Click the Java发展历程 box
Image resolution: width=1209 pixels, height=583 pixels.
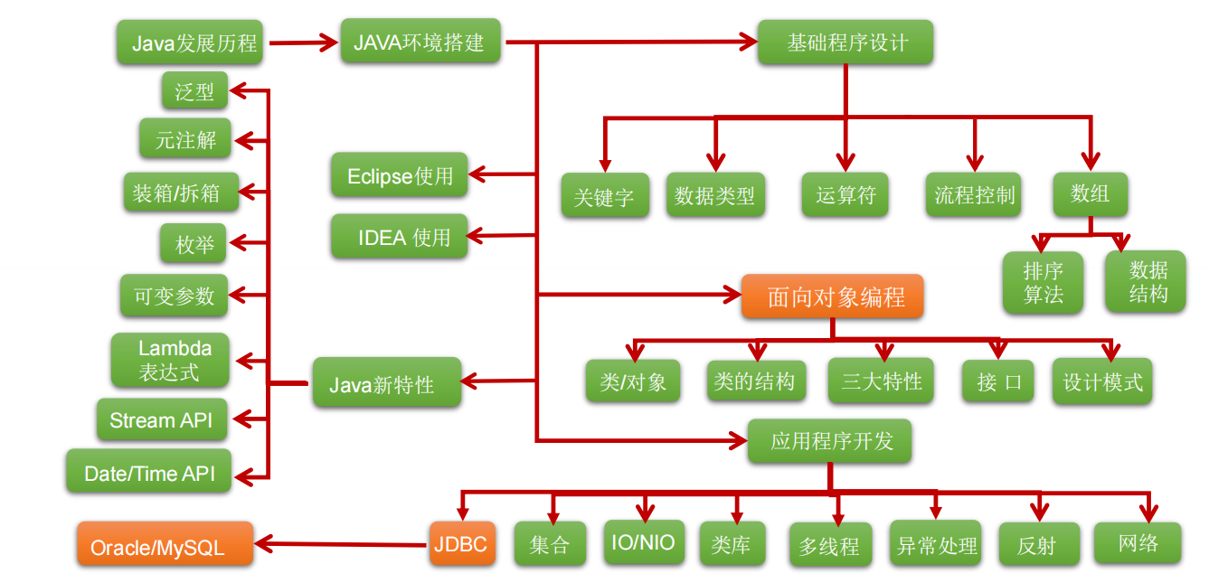(190, 42)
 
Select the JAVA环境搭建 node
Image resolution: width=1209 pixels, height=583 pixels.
(420, 42)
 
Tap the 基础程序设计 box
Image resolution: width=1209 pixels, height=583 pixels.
(845, 42)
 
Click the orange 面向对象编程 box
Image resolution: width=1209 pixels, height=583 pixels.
(832, 297)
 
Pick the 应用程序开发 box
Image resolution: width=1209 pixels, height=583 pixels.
(829, 441)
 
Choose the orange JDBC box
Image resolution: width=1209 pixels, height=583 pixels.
(462, 544)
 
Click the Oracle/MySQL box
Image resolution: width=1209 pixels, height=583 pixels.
(164, 544)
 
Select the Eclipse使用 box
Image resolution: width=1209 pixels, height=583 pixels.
(399, 175)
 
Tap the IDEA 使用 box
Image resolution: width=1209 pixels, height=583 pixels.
(399, 237)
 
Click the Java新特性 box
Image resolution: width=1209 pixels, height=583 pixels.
(386, 382)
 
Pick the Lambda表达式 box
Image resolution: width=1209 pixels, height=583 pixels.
(169, 360)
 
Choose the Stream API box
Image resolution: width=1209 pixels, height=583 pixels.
(162, 420)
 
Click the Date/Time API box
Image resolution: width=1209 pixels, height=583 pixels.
(148, 472)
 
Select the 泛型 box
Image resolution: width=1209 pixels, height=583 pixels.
(194, 90)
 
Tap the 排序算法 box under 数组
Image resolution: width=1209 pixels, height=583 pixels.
(1043, 282)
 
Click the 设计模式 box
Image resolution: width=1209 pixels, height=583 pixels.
(1101, 381)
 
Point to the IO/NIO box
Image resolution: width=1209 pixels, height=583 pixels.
(643, 542)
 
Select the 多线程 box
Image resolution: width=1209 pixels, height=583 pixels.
(829, 546)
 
